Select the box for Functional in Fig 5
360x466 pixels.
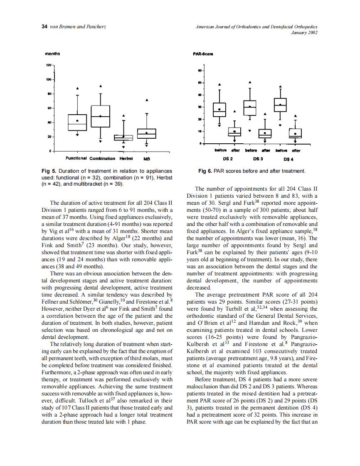77,123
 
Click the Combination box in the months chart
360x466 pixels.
101,116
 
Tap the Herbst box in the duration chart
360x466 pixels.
123,137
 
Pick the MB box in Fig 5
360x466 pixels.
147,133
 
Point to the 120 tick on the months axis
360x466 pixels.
49,65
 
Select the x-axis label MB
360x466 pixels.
147,159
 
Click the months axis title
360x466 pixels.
53,54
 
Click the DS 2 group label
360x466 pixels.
228,159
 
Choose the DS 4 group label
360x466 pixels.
288,159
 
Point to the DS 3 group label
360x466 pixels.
258,159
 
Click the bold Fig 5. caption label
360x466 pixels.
49,171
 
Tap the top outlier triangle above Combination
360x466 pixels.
101,86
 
